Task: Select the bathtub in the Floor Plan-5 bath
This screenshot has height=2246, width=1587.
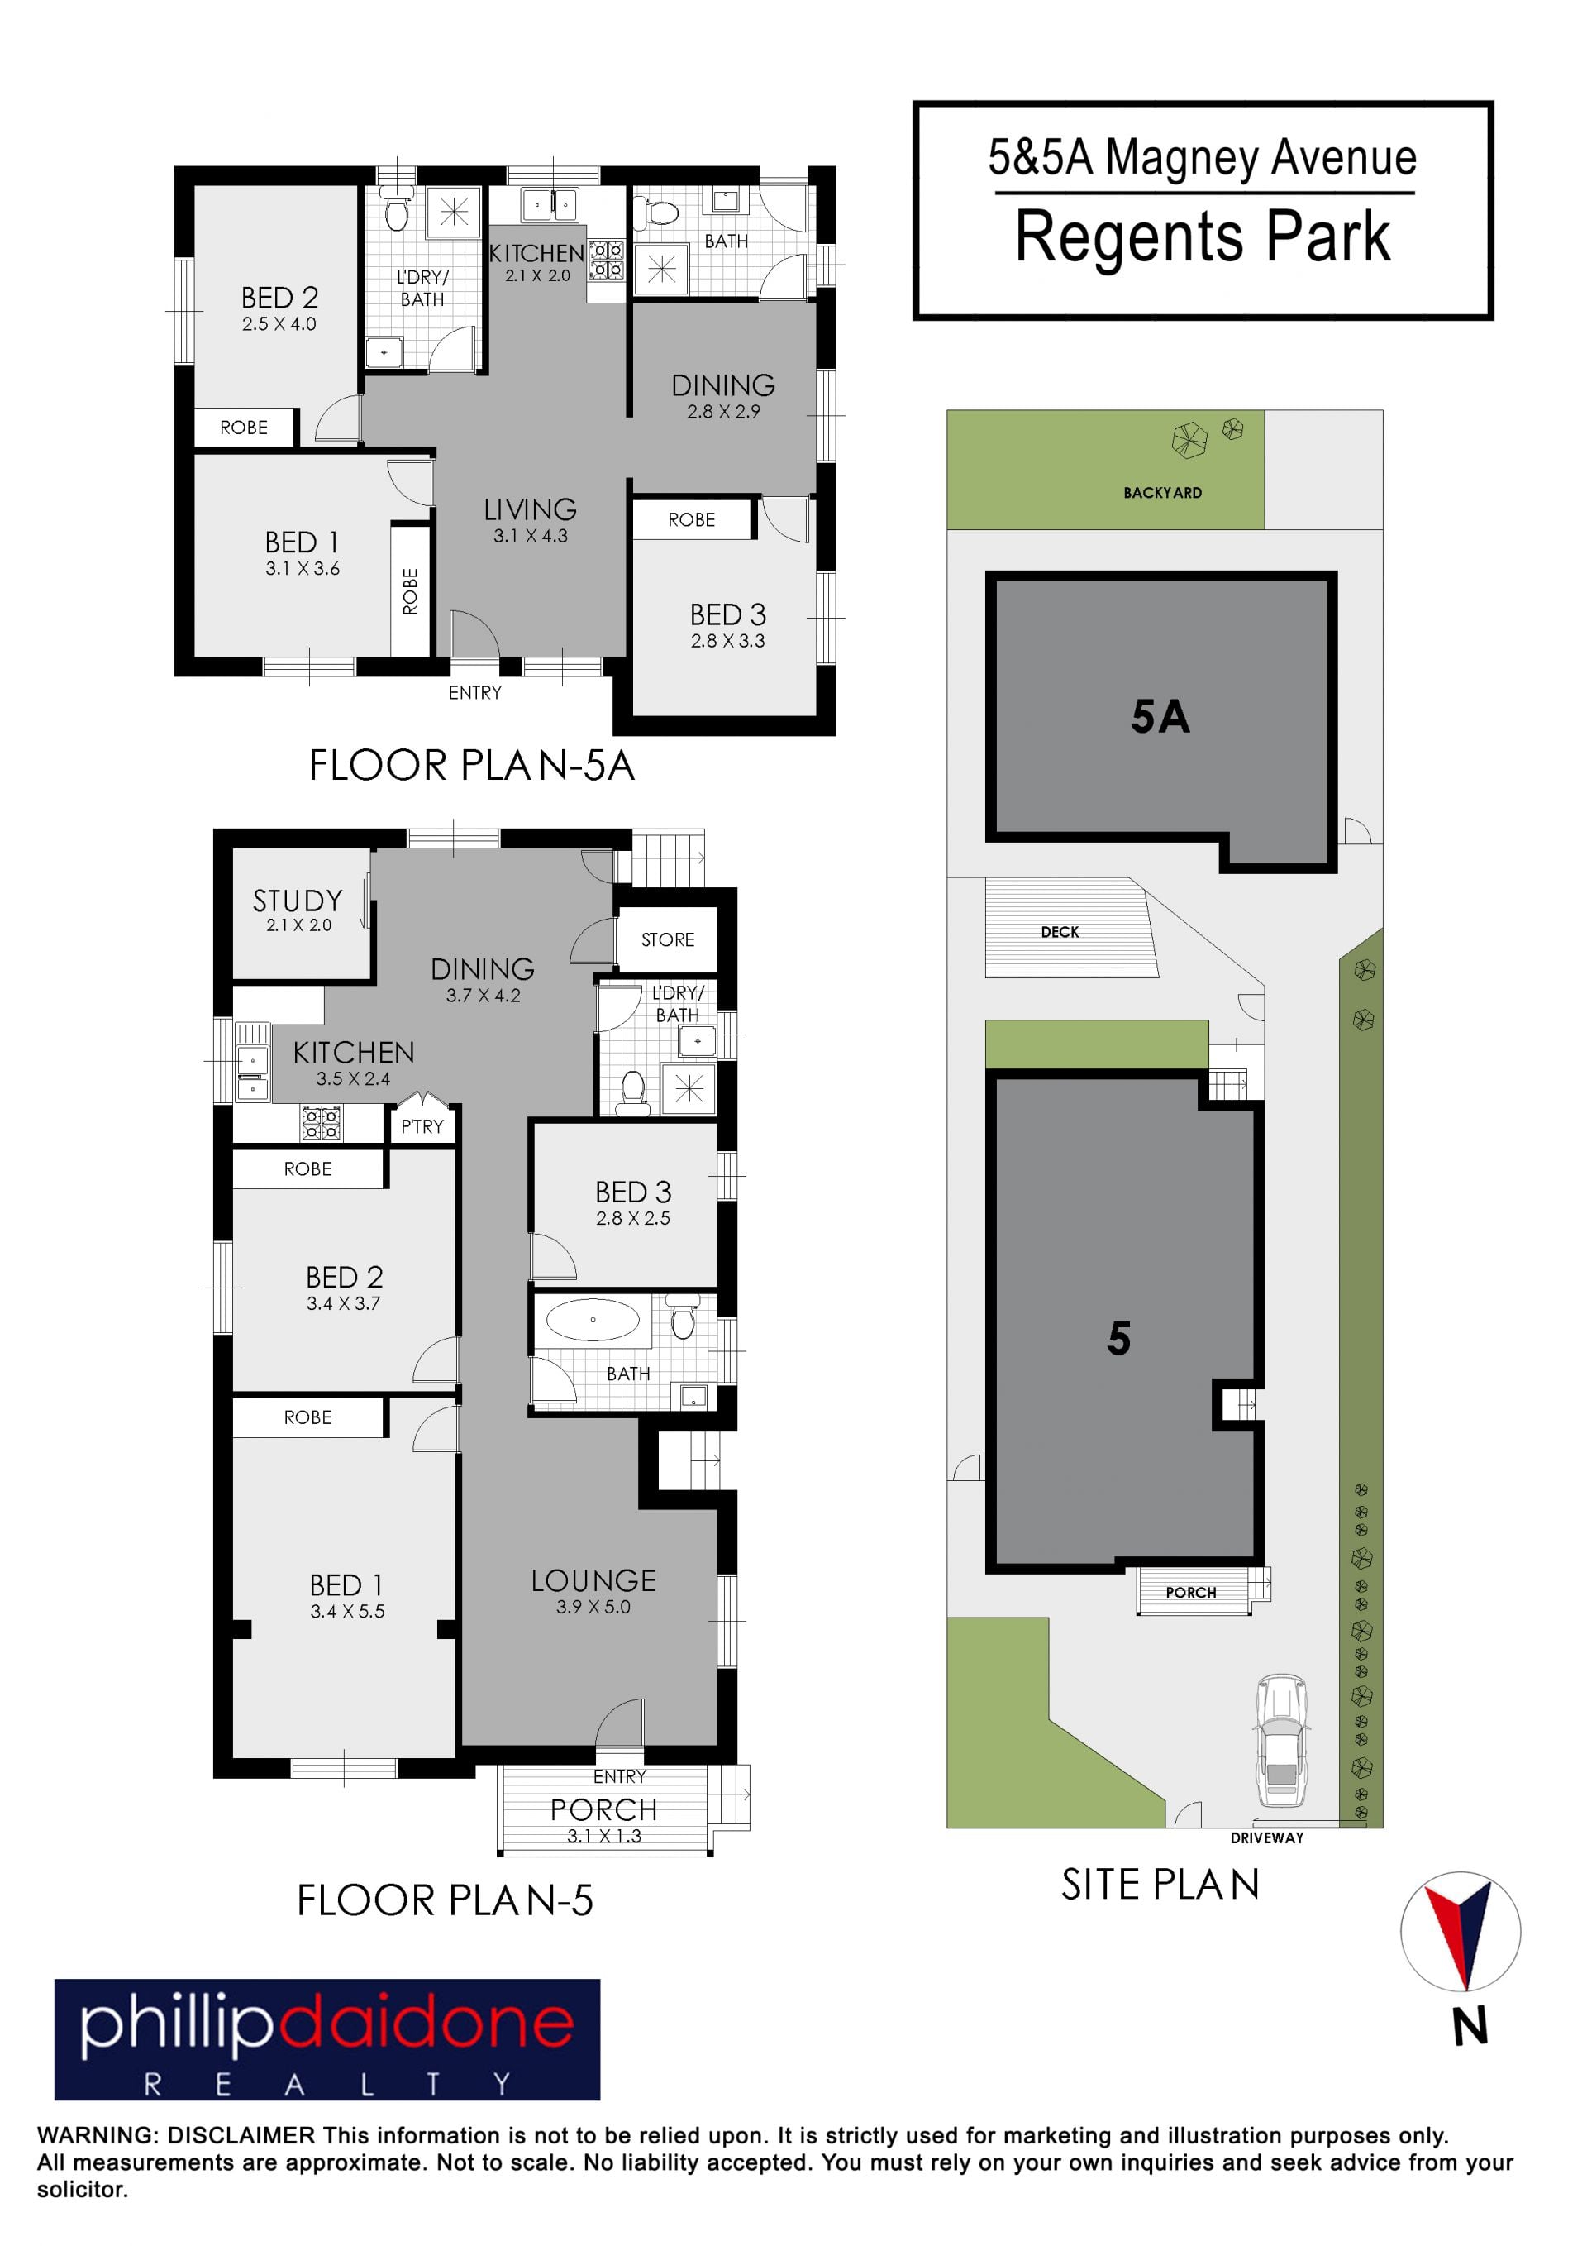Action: tap(593, 1320)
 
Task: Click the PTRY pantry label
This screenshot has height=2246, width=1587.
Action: tap(422, 1126)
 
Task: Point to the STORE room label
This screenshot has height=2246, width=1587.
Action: tap(668, 939)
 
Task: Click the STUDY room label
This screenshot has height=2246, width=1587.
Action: tap(298, 900)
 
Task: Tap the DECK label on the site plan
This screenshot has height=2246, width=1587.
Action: tap(1060, 932)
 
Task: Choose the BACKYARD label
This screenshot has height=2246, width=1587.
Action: tap(1163, 493)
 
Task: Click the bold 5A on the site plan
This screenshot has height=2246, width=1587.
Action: tap(1160, 717)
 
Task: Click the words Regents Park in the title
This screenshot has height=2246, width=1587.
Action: tap(1203, 237)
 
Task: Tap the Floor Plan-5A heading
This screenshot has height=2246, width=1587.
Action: tap(472, 765)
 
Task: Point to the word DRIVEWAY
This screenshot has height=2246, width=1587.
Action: tap(1267, 1838)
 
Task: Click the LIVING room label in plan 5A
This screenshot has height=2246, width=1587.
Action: tap(530, 509)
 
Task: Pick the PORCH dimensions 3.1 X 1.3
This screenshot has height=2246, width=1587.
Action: tap(604, 1836)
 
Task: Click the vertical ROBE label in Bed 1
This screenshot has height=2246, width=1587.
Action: tap(411, 592)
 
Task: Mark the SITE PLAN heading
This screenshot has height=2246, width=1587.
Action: tap(1160, 1885)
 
